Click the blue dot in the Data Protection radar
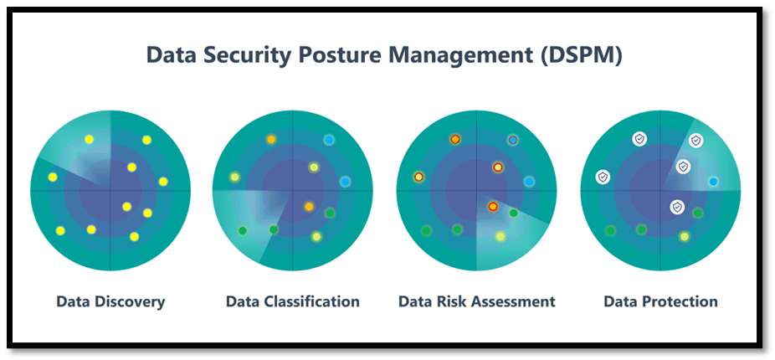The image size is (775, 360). (713, 182)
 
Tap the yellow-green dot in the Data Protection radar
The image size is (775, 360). (684, 237)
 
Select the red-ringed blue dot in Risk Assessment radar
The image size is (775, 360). (512, 140)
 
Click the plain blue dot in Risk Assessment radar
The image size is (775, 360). (529, 182)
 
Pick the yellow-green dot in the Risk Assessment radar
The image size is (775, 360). (500, 237)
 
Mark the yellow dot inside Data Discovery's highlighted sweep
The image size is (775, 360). (89, 139)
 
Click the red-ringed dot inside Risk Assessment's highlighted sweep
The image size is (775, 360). (493, 206)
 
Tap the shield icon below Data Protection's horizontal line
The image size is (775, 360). (676, 206)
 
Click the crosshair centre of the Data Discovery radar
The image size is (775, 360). (110, 190)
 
